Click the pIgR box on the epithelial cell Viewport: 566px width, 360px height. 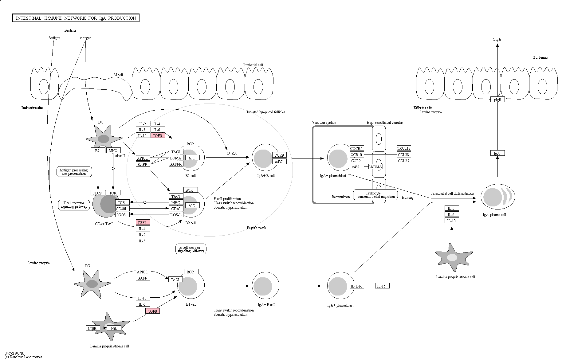click(x=497, y=100)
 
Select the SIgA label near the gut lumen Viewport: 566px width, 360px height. click(x=497, y=39)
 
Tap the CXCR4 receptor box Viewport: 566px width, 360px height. click(x=356, y=148)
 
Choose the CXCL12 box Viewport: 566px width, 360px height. click(x=403, y=148)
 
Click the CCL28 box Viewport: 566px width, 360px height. click(x=403, y=155)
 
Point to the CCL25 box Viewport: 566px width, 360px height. click(x=403, y=160)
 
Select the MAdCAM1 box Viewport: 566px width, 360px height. click(x=375, y=167)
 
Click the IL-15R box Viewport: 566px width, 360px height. click(x=356, y=286)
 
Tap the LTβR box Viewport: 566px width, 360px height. click(x=92, y=328)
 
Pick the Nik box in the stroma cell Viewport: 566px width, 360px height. click(x=114, y=328)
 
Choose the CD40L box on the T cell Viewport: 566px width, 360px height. click(x=122, y=209)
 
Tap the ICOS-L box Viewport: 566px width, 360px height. click(x=176, y=214)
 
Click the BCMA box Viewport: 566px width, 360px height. click(x=176, y=158)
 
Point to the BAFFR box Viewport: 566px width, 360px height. click(x=176, y=164)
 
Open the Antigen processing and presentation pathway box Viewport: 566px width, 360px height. click(x=74, y=172)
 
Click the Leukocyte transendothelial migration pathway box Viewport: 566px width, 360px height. click(x=375, y=195)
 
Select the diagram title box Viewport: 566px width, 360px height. click(x=76, y=18)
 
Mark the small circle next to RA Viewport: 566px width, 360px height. click(x=228, y=153)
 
